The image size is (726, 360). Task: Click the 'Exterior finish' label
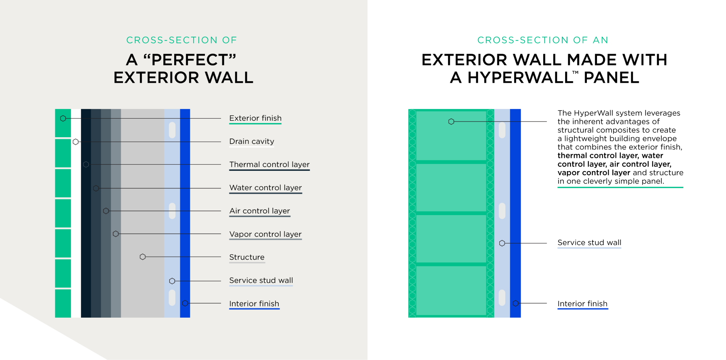[x=255, y=118]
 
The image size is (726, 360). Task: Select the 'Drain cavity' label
[x=252, y=141]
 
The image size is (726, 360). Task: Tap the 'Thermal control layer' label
[x=269, y=164]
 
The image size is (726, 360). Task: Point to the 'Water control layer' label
[x=265, y=188]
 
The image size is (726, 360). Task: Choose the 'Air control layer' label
[x=260, y=211]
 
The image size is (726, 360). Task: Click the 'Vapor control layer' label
[x=265, y=234]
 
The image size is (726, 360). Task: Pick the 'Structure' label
[x=247, y=257]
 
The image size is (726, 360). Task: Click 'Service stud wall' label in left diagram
[x=261, y=280]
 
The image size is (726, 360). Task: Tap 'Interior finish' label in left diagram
[x=254, y=303]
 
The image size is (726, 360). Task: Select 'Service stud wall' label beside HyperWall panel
[x=589, y=243]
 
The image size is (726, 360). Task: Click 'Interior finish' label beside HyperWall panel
[x=582, y=303]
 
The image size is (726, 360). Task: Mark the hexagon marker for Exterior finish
[x=63, y=118]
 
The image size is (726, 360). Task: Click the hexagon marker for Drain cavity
[x=76, y=142]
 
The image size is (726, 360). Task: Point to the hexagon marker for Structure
[x=143, y=257]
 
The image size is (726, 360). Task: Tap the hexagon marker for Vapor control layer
[x=116, y=234]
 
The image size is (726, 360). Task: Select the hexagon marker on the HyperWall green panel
[x=451, y=121]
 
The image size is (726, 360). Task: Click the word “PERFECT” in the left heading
[x=190, y=60]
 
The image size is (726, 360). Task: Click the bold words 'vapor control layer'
[x=594, y=173]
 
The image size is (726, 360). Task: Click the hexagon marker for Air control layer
[x=106, y=211]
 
